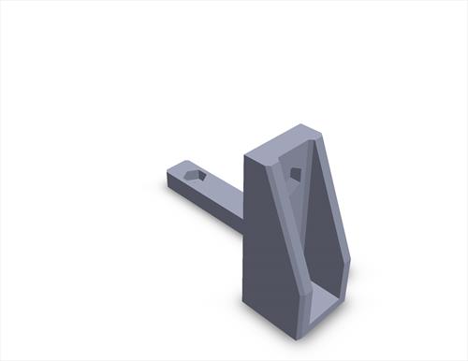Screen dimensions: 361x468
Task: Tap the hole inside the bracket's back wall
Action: click(296, 173)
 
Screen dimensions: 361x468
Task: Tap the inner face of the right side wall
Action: click(328, 224)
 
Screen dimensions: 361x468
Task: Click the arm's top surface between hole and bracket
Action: click(223, 187)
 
